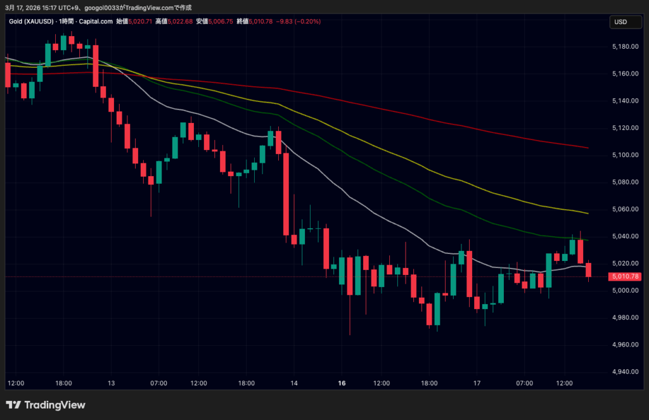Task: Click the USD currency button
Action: click(x=620, y=22)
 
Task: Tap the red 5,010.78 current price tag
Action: click(x=624, y=277)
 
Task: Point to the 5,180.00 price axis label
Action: click(x=624, y=47)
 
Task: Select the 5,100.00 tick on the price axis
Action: click(x=624, y=155)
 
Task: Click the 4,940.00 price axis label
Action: click(x=624, y=372)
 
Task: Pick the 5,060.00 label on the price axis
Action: click(x=624, y=209)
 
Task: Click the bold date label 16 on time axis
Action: click(x=342, y=383)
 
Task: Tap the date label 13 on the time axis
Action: click(x=111, y=383)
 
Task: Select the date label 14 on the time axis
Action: click(x=294, y=383)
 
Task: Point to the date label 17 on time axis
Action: click(x=477, y=383)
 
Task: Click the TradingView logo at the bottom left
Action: click(x=46, y=405)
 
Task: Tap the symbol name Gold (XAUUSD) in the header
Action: click(x=31, y=22)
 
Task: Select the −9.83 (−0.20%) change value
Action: click(x=297, y=22)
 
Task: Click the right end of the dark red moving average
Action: click(x=588, y=148)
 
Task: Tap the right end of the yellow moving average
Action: click(x=588, y=213)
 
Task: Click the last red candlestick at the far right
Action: click(x=589, y=270)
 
